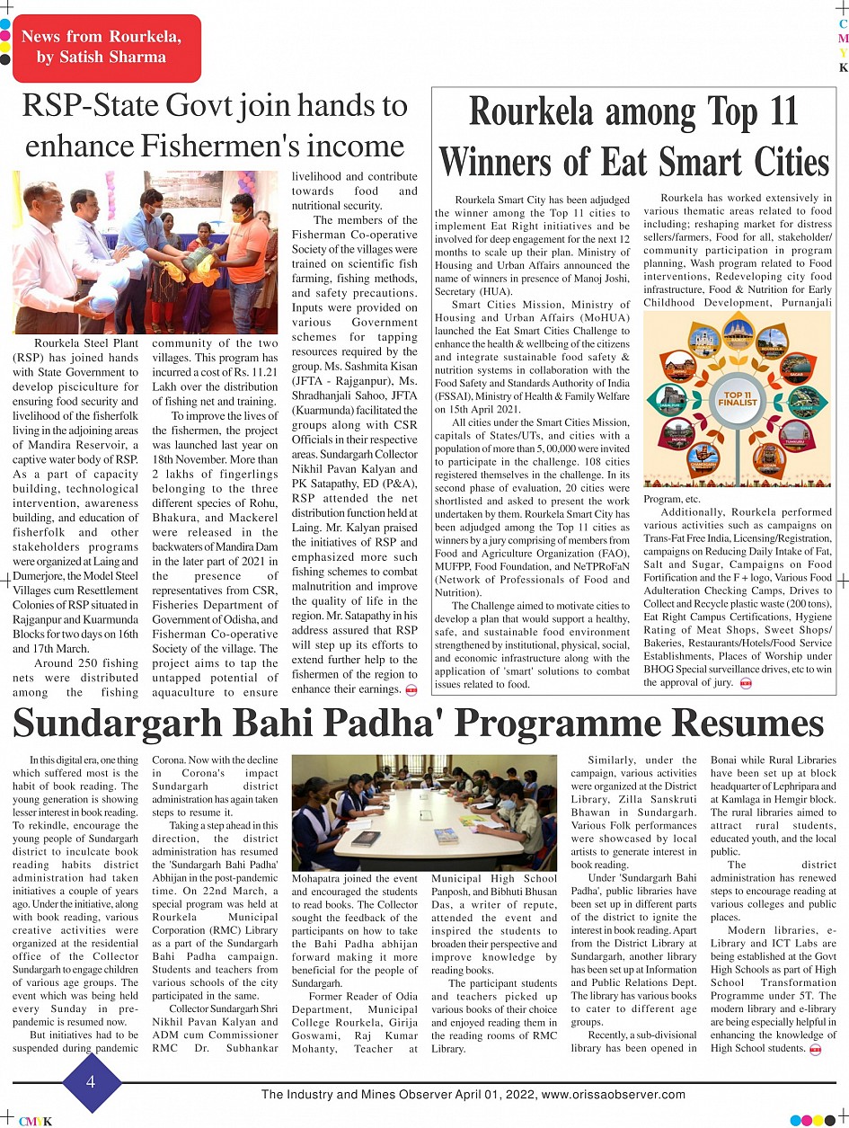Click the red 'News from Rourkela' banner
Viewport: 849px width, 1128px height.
107,48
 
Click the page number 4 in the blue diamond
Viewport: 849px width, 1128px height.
91,1082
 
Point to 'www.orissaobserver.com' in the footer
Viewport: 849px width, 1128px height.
614,1095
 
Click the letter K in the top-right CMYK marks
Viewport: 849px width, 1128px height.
843,68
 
